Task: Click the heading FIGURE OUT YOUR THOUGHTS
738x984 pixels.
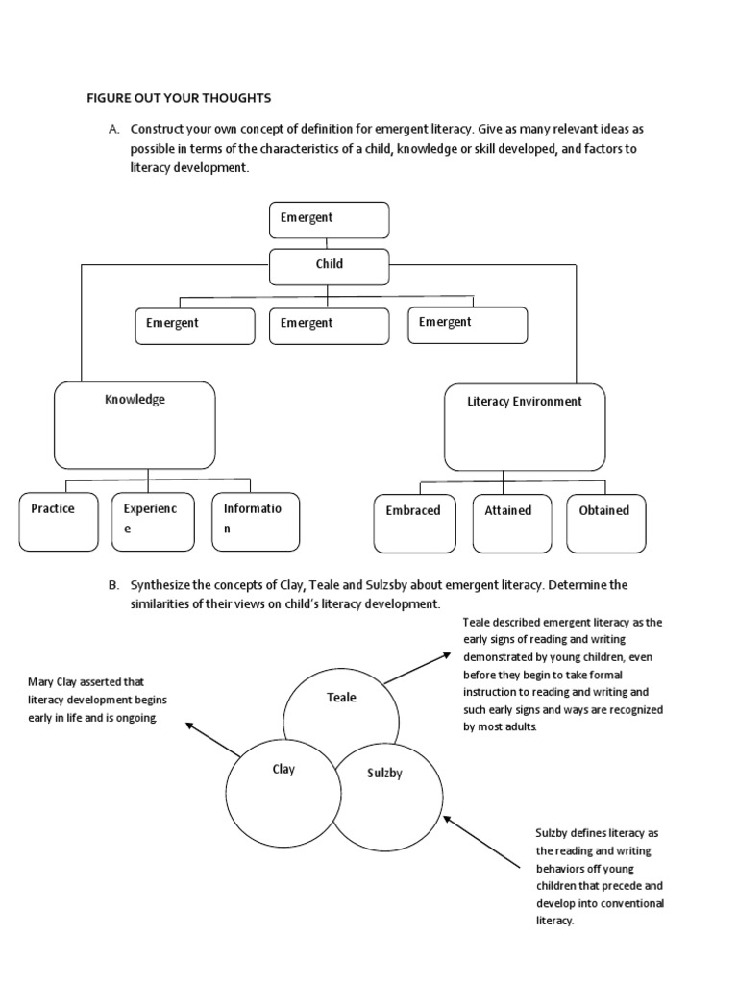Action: tap(179, 99)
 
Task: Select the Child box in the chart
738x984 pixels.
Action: tap(329, 267)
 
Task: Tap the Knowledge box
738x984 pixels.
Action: tap(135, 426)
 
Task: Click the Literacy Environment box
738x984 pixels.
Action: tap(525, 428)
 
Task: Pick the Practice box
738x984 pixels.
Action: tap(59, 522)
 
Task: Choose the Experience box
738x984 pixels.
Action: tap(153, 522)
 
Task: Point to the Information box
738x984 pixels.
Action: tap(256, 522)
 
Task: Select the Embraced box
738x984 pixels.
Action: tap(415, 524)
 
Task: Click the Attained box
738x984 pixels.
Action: tap(512, 524)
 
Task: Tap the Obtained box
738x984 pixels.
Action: tap(606, 524)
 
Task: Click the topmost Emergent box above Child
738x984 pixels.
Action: tap(329, 220)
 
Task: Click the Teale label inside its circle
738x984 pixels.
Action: tap(341, 698)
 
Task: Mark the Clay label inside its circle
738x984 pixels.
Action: tap(283, 770)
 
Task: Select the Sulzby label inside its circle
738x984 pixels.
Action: tap(384, 774)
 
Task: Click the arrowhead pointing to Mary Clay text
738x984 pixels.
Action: tap(189, 726)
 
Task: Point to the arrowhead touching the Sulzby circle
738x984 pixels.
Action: tap(448, 819)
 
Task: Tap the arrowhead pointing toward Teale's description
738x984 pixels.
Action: tap(446, 655)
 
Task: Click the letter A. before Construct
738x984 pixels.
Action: tap(113, 130)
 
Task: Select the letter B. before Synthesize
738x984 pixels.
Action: tap(113, 585)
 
